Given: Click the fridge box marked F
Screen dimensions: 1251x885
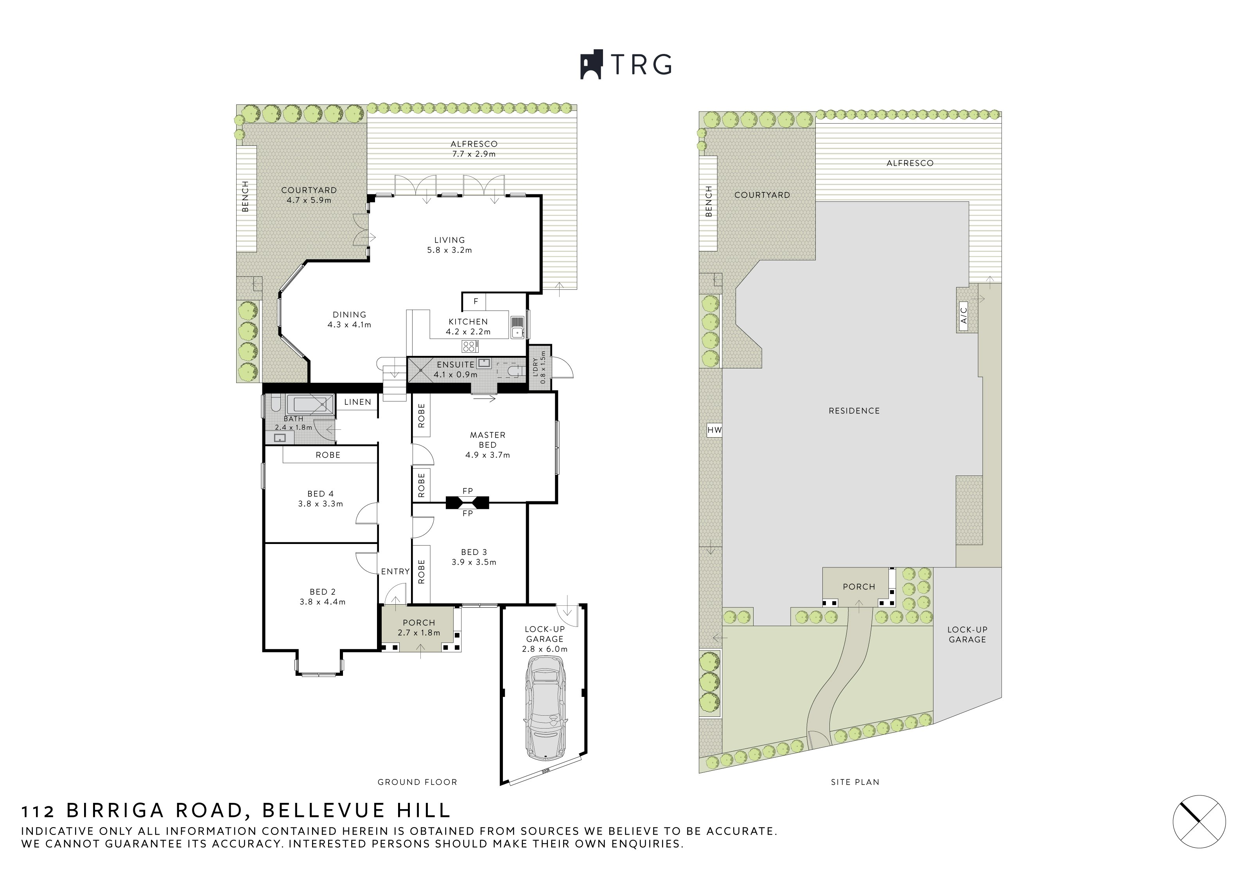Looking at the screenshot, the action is pyautogui.click(x=475, y=302).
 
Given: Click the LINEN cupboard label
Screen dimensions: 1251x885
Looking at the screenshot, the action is pyautogui.click(x=357, y=402).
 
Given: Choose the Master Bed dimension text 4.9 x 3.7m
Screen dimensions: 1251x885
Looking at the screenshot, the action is pyautogui.click(x=488, y=455).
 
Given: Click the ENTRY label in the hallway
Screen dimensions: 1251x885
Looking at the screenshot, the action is pyautogui.click(x=395, y=572).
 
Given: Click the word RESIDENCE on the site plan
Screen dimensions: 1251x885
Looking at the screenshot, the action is pyautogui.click(x=854, y=411).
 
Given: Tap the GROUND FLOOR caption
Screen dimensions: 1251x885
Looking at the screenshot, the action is pyautogui.click(x=417, y=782).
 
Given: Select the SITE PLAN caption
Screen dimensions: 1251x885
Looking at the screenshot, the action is pyautogui.click(x=855, y=782).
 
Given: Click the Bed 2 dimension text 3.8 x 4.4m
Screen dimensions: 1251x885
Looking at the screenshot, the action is pyautogui.click(x=323, y=602).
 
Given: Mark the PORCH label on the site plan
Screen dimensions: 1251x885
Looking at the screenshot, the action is pyautogui.click(x=859, y=587).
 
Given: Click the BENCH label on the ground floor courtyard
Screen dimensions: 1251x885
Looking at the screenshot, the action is pyautogui.click(x=245, y=196).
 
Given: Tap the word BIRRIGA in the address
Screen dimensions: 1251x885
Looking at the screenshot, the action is pyautogui.click(x=115, y=810).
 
